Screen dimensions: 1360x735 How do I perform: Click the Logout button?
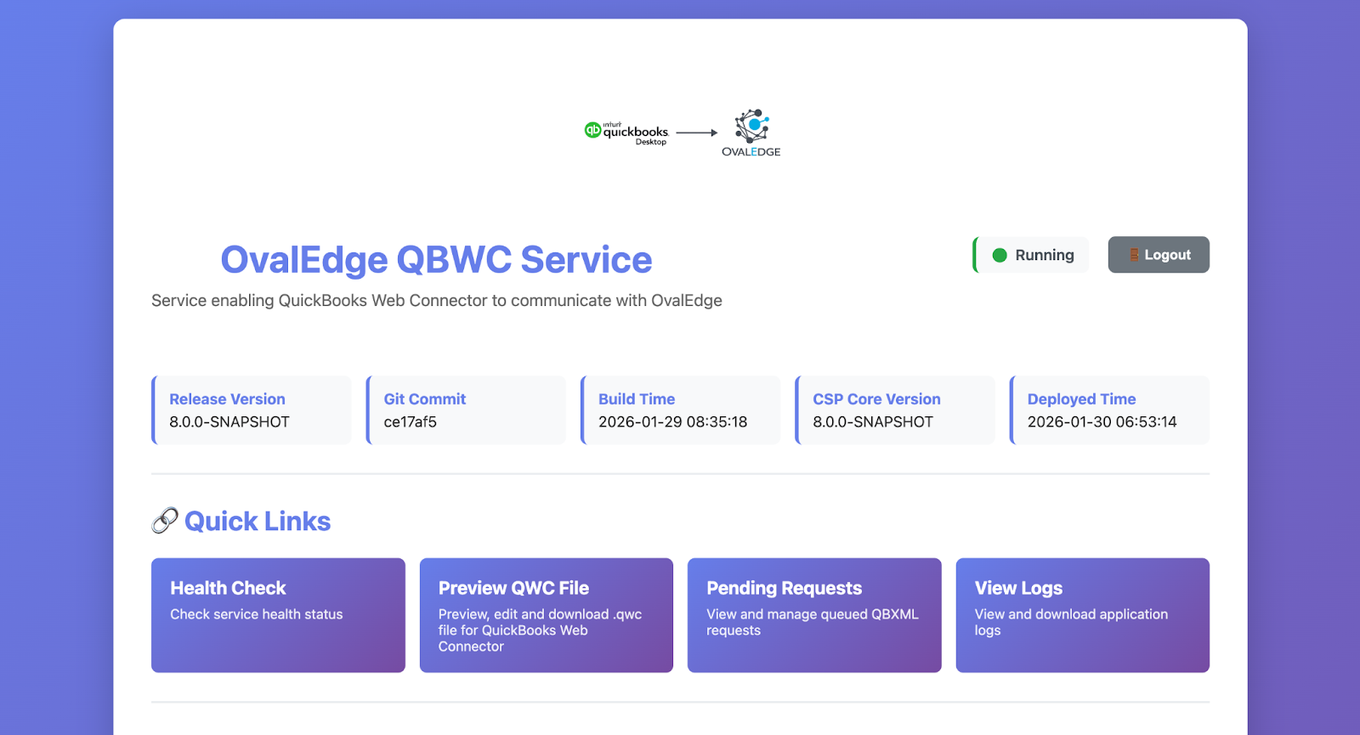point(1159,254)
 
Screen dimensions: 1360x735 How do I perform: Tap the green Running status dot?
point(1000,255)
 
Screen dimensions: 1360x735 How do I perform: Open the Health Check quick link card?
point(278,615)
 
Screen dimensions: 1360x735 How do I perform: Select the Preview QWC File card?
point(547,615)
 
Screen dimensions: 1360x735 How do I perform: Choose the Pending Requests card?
point(814,615)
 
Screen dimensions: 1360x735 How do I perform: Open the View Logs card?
point(1083,615)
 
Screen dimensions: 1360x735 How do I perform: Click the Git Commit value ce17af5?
point(410,421)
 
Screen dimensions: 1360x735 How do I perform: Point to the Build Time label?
point(637,399)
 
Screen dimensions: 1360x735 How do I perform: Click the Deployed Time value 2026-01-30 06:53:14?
point(1102,421)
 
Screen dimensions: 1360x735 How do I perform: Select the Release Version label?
point(227,399)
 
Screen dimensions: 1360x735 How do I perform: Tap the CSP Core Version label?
point(876,399)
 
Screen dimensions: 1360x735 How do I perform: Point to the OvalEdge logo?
point(751,133)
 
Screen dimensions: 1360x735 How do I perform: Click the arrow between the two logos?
point(696,133)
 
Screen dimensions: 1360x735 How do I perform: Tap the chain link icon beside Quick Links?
point(165,520)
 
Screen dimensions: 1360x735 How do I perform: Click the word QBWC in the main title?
point(454,259)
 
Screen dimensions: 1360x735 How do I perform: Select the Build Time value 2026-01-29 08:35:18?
point(672,421)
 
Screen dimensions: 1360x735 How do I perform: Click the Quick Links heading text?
point(258,521)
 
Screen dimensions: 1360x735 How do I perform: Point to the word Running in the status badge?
point(1045,255)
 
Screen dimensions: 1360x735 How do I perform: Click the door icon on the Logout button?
point(1134,255)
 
